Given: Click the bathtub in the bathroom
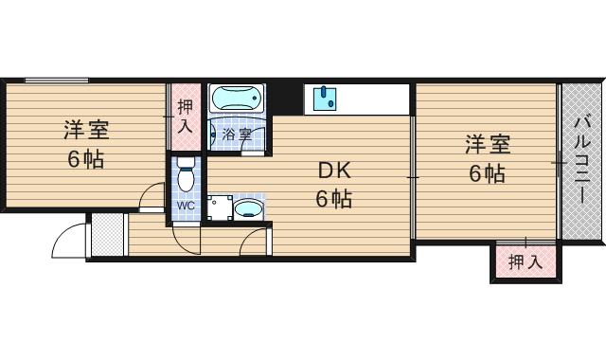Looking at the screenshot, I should tap(237, 99).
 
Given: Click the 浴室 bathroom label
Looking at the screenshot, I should tap(237, 135).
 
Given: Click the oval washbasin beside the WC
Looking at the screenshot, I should tap(249, 207).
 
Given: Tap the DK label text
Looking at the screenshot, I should tap(333, 171).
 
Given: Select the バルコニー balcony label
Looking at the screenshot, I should tap(582, 160).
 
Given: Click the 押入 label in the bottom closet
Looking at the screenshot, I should tap(524, 261).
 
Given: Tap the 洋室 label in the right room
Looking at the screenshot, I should tap(487, 144).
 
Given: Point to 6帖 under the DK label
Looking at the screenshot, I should tap(333, 200).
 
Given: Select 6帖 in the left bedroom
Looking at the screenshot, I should tap(86, 158).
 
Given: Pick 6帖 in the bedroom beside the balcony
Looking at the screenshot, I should tap(487, 174).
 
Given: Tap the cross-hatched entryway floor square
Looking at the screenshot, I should tap(107, 234).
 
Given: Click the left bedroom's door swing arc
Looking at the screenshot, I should tap(151, 196).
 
